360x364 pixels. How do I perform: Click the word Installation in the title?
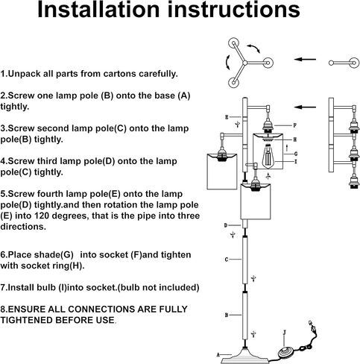point(98,10)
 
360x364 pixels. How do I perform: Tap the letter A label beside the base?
point(218,355)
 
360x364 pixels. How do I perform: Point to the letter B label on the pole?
point(227,315)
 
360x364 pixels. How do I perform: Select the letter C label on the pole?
point(227,260)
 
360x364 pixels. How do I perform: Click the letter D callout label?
point(226,225)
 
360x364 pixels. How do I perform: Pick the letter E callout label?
point(227,117)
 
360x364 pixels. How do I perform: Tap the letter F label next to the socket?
point(295,125)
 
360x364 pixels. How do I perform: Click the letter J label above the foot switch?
point(285,333)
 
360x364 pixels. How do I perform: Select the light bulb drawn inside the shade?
point(268,156)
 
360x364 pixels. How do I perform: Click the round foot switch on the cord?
point(285,352)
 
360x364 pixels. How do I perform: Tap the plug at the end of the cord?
point(312,326)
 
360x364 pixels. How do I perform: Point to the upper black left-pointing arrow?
point(305,60)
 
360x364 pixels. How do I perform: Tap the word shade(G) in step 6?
point(54,255)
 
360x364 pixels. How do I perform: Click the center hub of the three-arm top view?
point(245,63)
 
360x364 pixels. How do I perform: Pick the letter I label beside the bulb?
point(295,162)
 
